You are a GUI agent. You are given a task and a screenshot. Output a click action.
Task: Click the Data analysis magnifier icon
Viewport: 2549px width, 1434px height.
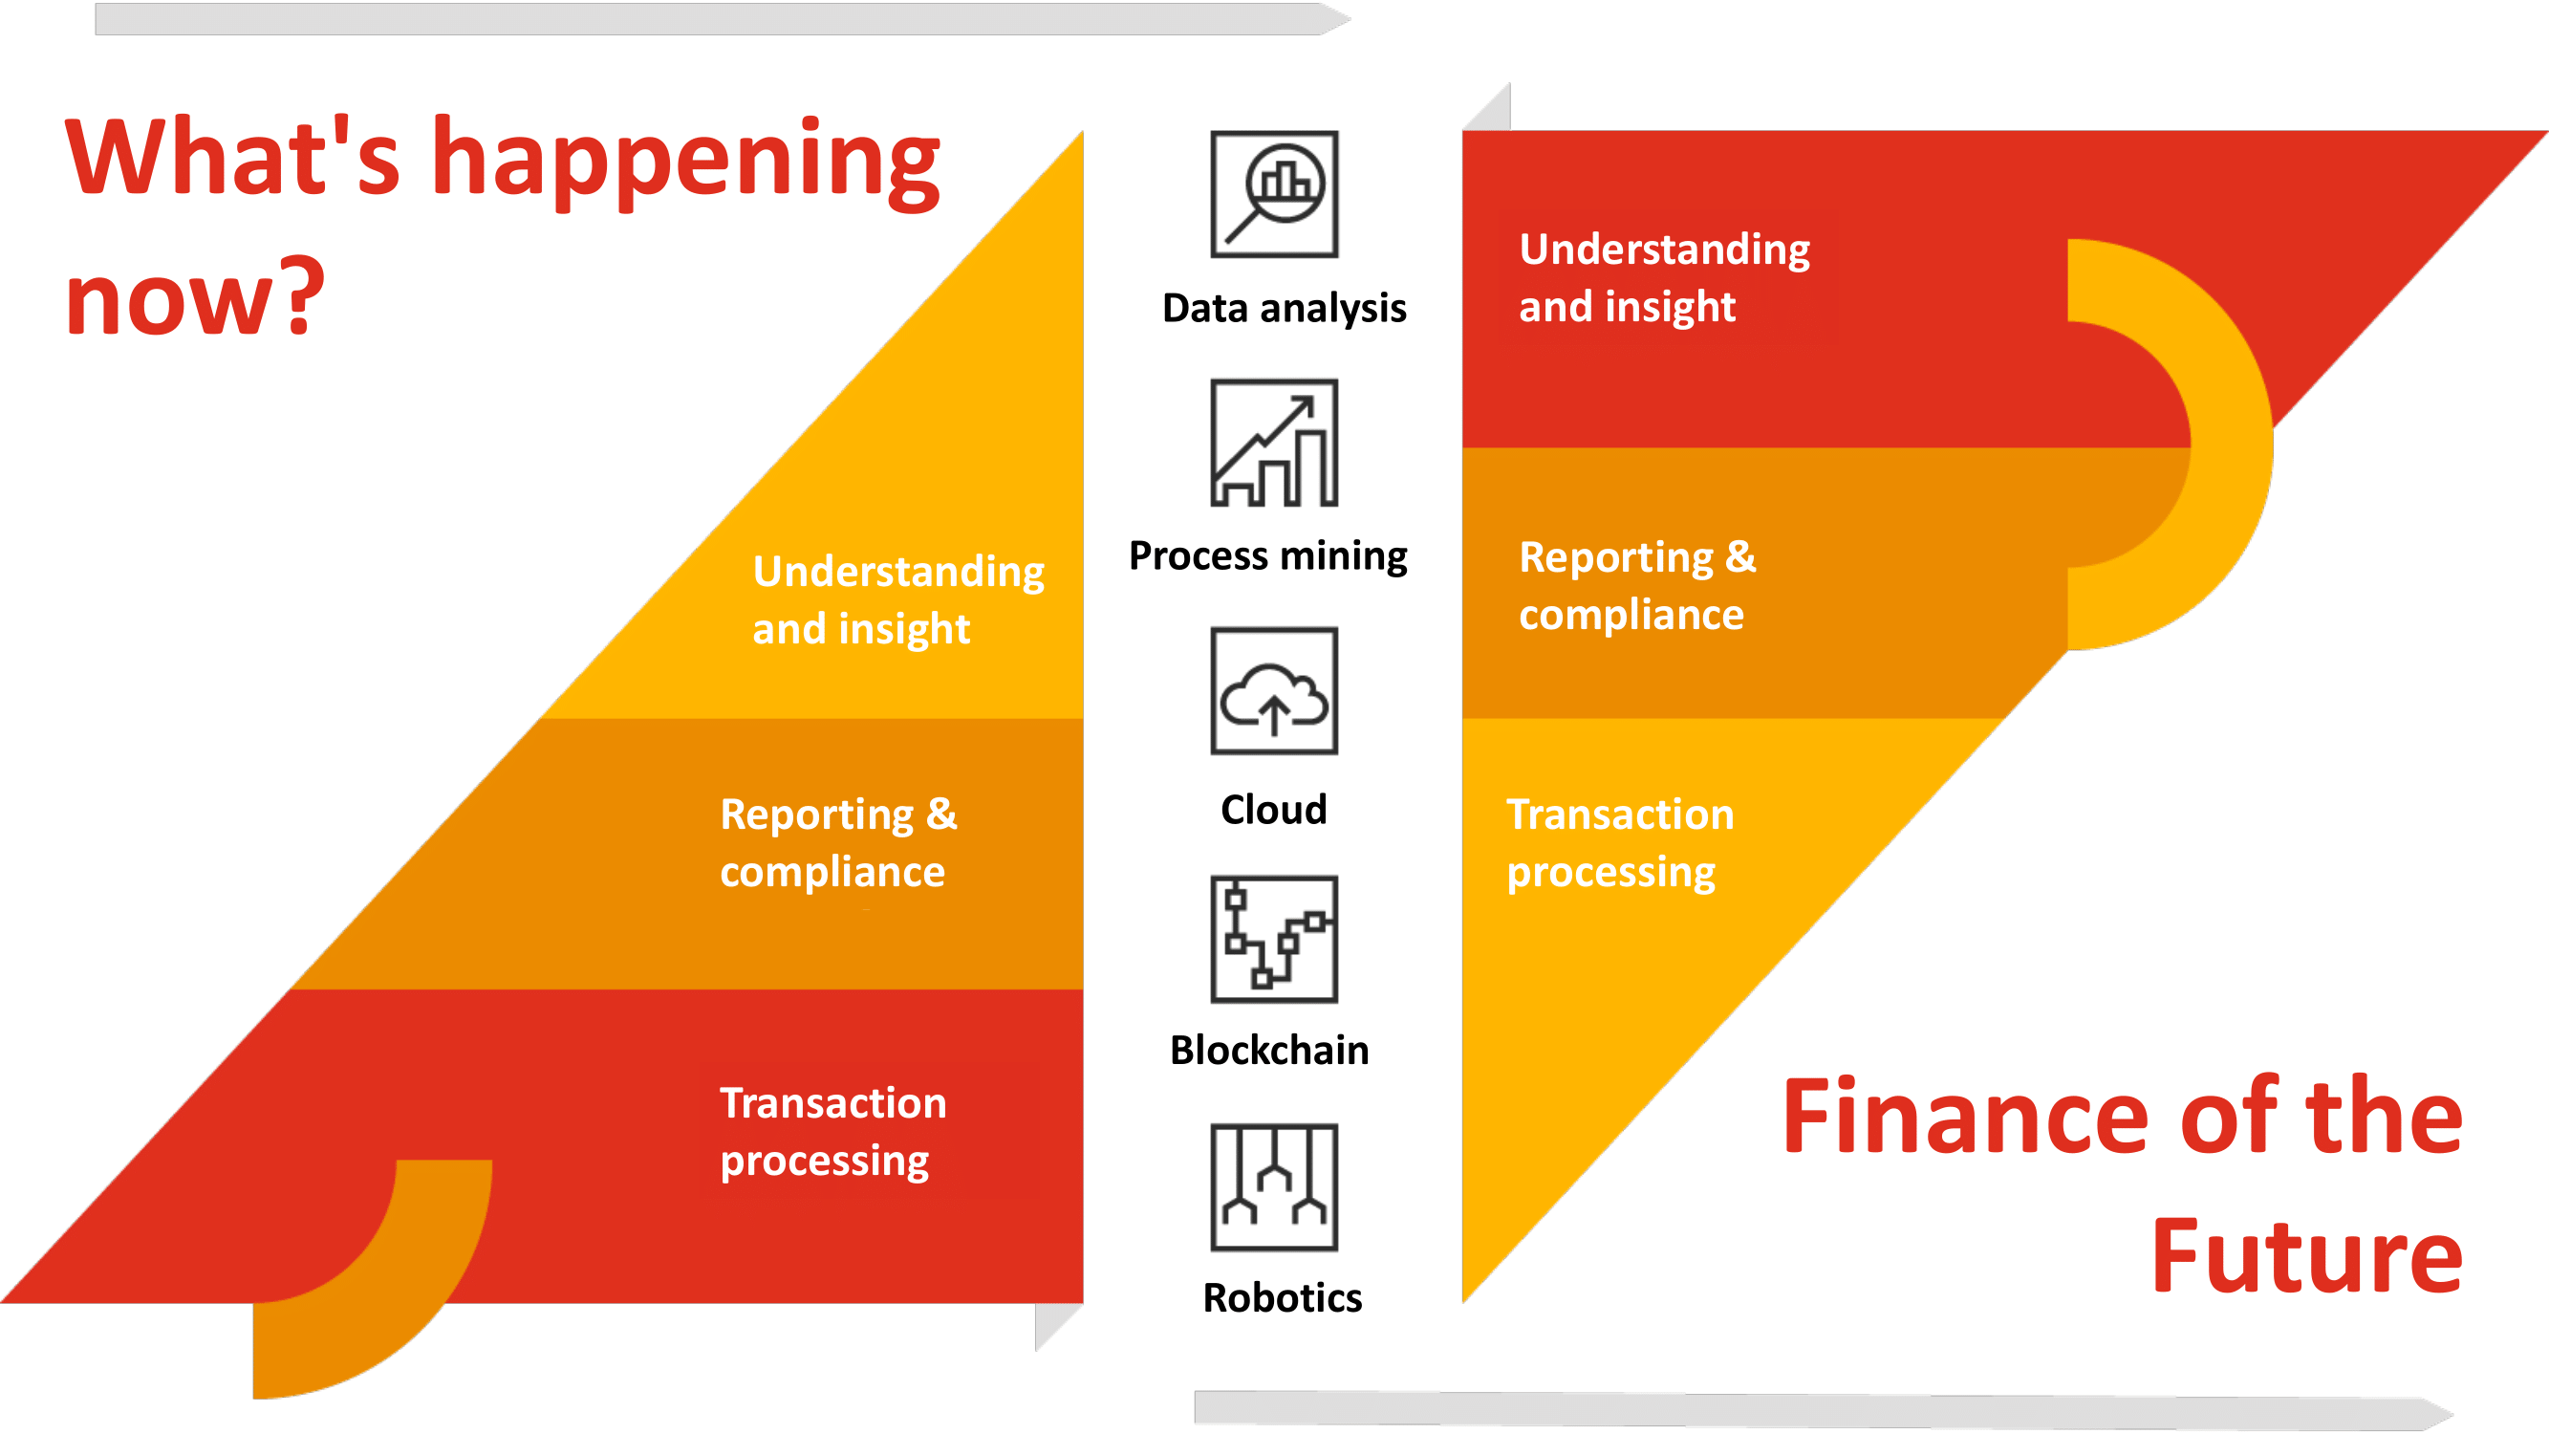[1275, 194]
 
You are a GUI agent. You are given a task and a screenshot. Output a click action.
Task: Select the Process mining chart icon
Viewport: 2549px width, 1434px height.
[1275, 443]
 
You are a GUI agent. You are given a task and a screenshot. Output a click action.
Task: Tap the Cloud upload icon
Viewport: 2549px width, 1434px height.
[1275, 691]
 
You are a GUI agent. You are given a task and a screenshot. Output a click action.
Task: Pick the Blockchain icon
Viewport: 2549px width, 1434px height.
[1275, 939]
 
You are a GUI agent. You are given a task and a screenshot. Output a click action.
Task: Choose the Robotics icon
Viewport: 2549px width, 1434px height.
[1275, 1186]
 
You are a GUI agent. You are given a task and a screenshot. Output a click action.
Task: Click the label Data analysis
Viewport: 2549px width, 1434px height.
[1284, 308]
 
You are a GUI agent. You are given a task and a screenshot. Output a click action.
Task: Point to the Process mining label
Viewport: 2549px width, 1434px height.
[1267, 555]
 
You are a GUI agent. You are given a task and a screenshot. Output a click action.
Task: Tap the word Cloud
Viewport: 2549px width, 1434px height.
[1273, 810]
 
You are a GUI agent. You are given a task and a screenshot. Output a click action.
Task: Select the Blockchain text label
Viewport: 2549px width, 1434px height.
[1269, 1050]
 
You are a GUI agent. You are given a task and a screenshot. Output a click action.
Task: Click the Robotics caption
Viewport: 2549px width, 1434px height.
[1283, 1297]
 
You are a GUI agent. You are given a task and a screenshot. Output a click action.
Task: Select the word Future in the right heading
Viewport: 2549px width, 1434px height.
[2306, 1256]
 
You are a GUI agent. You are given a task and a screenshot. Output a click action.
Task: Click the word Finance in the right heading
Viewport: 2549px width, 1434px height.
[1965, 1117]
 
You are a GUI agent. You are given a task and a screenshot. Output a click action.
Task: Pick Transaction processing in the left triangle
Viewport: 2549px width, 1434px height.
[832, 1131]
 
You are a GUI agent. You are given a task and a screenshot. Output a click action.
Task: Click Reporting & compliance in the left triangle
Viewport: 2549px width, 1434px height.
[837, 842]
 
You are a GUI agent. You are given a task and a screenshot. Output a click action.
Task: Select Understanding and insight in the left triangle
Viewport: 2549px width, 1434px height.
[897, 598]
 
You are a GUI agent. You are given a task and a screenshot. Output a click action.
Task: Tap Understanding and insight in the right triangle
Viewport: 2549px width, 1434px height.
[1664, 277]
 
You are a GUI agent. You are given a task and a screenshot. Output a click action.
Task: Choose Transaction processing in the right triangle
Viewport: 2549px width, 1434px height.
[1620, 842]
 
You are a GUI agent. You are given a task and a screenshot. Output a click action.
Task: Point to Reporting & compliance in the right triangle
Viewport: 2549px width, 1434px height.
[1636, 585]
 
